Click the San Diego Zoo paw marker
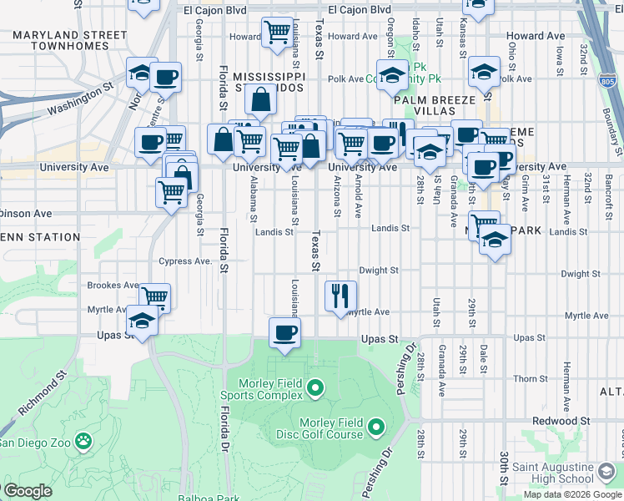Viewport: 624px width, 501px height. pos(83,439)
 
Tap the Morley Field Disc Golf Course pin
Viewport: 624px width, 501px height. pos(375,428)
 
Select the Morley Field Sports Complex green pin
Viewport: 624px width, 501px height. pos(315,387)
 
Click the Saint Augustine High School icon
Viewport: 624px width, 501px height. pos(606,473)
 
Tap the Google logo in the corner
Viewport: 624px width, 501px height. pos(27,491)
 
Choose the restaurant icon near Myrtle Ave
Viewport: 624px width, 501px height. pos(340,295)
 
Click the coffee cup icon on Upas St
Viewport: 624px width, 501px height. pos(285,332)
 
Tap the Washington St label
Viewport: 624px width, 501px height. pos(79,99)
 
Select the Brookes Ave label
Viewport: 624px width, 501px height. pos(113,285)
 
